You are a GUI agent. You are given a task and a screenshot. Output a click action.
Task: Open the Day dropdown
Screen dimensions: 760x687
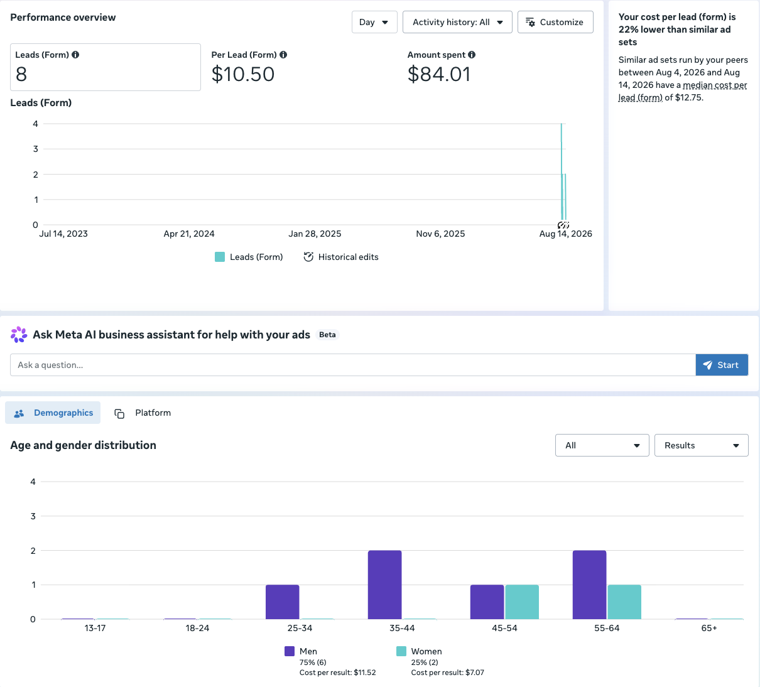[374, 22]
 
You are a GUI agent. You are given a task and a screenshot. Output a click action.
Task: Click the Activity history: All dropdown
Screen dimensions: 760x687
[457, 22]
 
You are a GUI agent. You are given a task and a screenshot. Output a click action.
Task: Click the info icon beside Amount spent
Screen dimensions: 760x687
[471, 55]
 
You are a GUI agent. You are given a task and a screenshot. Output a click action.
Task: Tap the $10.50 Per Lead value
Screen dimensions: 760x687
[243, 74]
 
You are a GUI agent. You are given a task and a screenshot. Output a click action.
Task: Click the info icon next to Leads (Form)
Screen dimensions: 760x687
[75, 55]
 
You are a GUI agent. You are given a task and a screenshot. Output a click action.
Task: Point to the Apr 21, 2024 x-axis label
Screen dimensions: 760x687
[188, 234]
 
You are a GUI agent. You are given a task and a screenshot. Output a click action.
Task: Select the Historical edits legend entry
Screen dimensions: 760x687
[341, 257]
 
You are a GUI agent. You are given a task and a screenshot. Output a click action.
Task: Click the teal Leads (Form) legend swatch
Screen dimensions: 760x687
[220, 257]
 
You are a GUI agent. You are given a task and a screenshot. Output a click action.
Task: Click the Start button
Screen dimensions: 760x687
[722, 365]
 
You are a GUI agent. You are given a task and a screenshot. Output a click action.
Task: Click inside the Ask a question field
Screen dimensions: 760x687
[353, 365]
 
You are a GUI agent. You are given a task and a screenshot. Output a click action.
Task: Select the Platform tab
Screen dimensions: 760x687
[143, 413]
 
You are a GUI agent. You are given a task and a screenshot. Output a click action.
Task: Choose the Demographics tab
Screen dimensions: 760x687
[53, 413]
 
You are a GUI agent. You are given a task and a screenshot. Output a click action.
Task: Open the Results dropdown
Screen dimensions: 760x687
[702, 445]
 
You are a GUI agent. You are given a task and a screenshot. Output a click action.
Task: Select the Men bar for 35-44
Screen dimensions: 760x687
[384, 585]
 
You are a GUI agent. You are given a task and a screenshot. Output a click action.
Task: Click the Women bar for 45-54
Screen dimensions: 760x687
[522, 602]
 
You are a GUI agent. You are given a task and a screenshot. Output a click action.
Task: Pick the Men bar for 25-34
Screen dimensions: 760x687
[282, 602]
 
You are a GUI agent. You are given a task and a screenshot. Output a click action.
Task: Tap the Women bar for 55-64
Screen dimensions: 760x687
[624, 602]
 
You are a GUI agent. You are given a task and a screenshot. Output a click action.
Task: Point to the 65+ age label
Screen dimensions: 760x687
[709, 628]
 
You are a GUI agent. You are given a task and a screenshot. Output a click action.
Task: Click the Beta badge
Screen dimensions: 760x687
[327, 335]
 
